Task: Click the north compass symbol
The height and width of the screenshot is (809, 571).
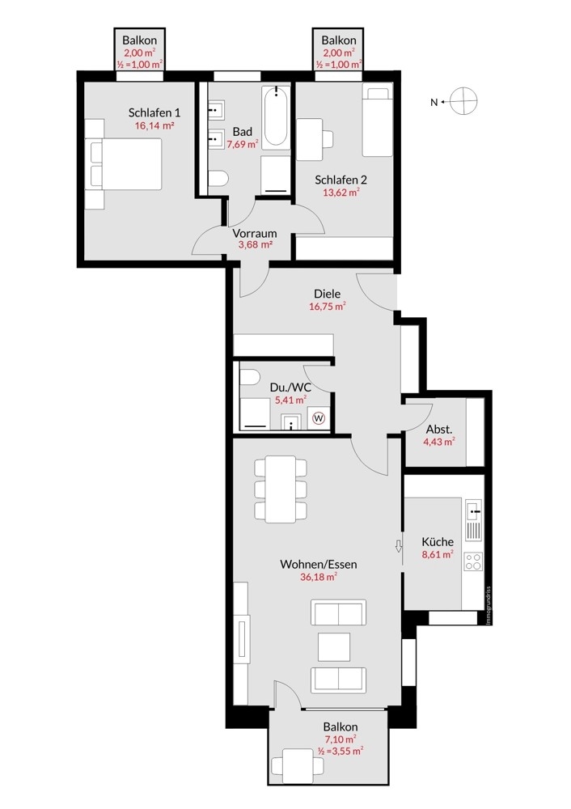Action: coord(463,101)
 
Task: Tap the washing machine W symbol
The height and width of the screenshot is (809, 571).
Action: coord(319,417)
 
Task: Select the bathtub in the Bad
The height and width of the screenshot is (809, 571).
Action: coord(276,116)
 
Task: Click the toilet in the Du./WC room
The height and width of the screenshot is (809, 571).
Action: coord(250,377)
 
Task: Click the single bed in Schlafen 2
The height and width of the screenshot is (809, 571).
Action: coord(377,121)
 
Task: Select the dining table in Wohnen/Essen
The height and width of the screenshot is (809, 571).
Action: coord(280,489)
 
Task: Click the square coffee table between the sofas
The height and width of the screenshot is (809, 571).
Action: coord(334,647)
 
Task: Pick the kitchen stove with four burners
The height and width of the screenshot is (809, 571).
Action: coord(473,562)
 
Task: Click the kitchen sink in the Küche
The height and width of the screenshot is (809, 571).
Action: coord(473,510)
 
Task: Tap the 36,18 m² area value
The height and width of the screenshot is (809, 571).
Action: coord(319,578)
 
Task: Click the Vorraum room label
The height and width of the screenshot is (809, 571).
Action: coord(254,233)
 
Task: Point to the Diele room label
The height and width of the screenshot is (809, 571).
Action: coord(327,294)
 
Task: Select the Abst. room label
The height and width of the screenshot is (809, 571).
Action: coord(439,430)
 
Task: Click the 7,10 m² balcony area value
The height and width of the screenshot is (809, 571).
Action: coord(341,739)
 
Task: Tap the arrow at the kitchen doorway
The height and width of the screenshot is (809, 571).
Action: coord(398,546)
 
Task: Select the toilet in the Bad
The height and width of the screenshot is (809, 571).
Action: coord(218,179)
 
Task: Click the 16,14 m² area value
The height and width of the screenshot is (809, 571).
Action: coord(154,125)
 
